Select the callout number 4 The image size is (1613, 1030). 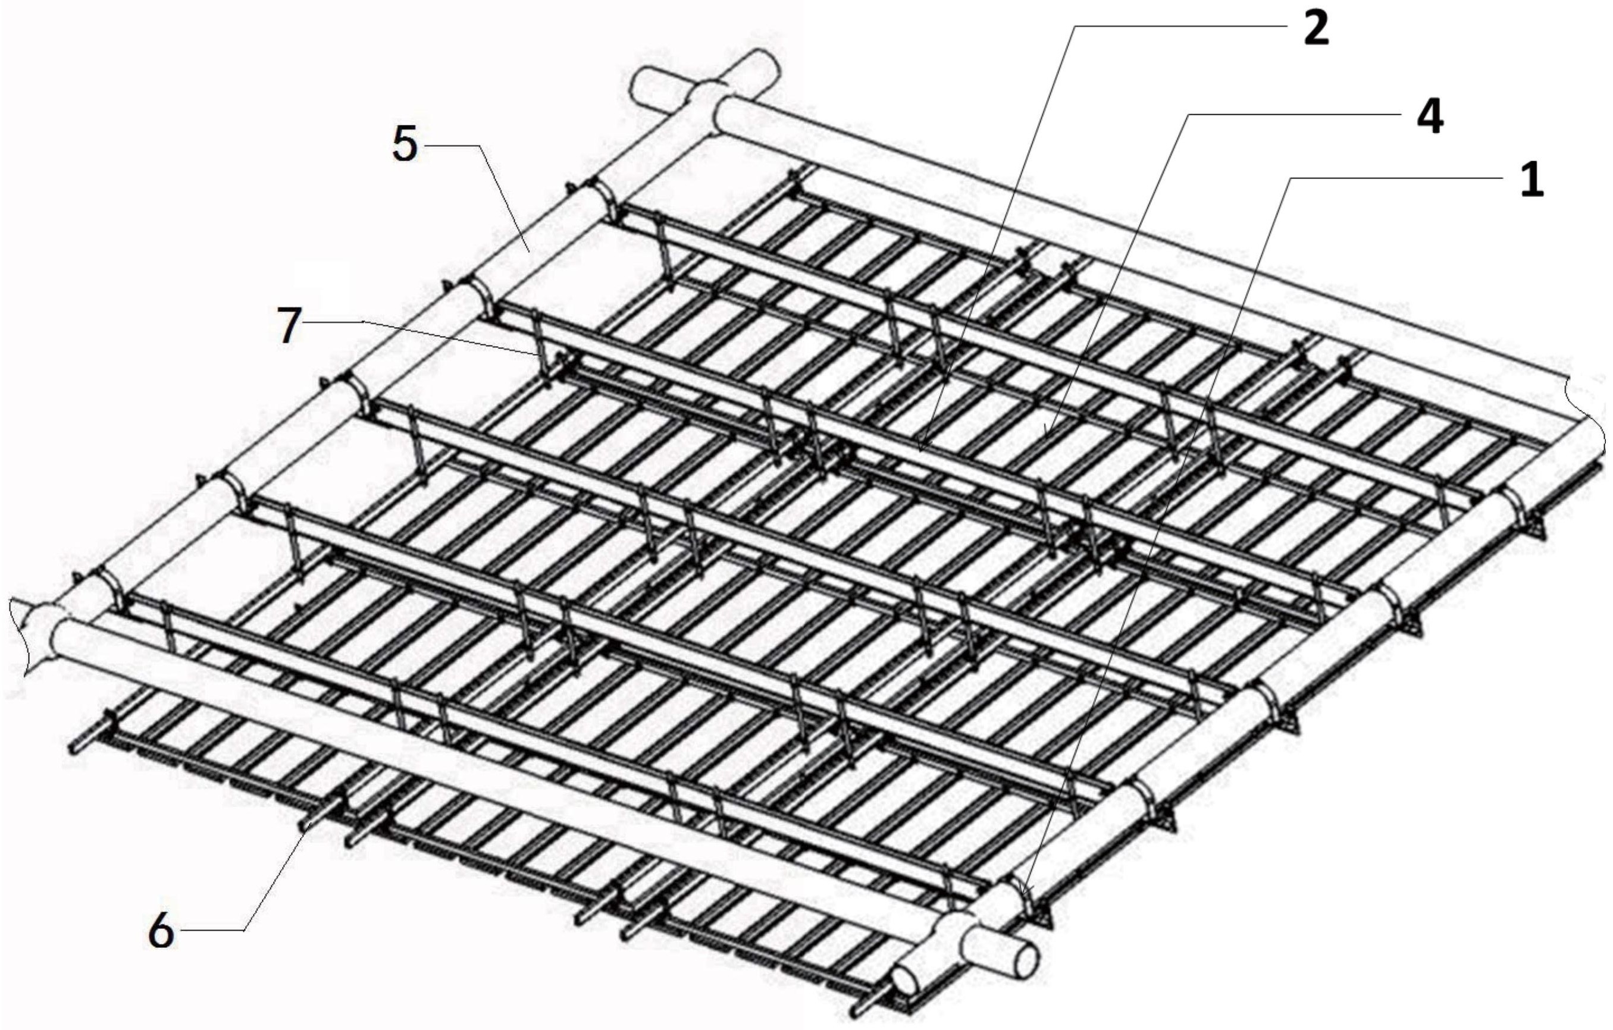click(x=1427, y=117)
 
